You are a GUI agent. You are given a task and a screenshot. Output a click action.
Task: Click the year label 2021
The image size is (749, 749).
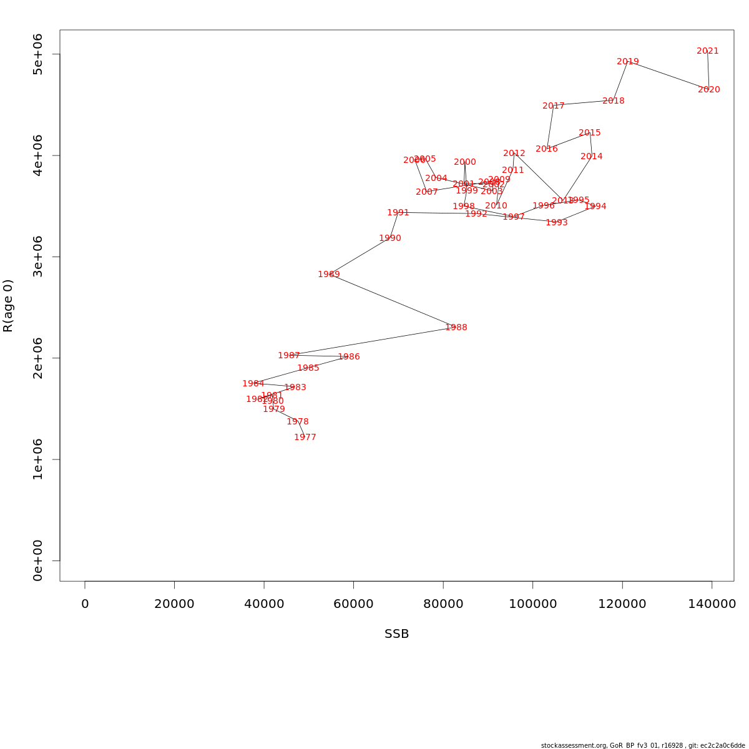tap(708, 51)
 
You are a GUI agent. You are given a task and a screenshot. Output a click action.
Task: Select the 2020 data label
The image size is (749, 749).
tap(709, 90)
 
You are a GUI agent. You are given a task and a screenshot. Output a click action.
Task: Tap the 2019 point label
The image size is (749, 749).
tap(628, 62)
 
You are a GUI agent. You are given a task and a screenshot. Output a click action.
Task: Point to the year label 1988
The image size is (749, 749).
tap(456, 328)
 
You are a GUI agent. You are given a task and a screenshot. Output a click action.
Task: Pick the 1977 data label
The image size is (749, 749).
tap(305, 438)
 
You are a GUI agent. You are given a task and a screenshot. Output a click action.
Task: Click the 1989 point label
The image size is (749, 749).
tap(329, 275)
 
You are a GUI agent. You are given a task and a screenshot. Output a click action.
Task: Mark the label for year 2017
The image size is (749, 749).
tap(554, 106)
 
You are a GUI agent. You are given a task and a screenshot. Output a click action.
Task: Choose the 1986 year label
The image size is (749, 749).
tap(349, 357)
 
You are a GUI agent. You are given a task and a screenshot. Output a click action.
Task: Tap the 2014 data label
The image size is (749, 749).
tap(592, 157)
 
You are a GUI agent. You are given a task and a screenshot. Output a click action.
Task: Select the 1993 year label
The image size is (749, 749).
tap(557, 223)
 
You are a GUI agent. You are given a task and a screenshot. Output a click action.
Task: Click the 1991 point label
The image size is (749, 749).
tap(398, 213)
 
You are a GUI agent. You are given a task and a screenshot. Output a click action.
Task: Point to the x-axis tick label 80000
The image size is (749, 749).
tap(443, 604)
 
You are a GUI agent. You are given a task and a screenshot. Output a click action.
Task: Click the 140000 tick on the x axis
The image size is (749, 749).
tap(712, 604)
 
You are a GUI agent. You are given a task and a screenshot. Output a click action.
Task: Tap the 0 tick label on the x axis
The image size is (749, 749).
tap(85, 604)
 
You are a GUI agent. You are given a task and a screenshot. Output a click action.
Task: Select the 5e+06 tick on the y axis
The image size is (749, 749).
tap(38, 54)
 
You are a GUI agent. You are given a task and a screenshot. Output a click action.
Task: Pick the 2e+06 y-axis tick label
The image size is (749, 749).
tap(38, 358)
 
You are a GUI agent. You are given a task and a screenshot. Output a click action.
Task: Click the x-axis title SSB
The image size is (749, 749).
tap(397, 634)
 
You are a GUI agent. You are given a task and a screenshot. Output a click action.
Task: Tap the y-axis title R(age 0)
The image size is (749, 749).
tap(8, 306)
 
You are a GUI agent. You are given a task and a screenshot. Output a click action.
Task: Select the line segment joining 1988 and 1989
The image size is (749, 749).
tap(393, 301)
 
